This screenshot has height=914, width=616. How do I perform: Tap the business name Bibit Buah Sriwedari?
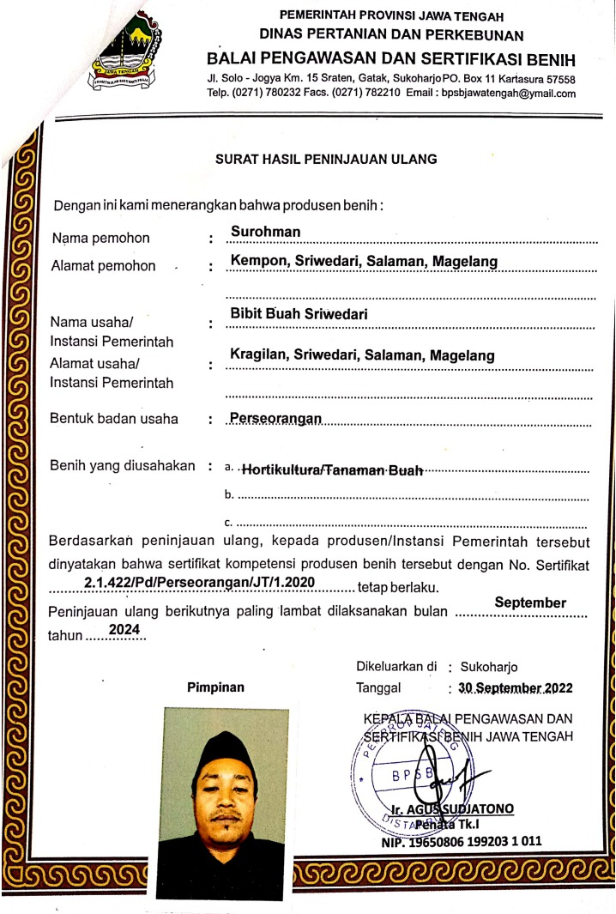click(299, 314)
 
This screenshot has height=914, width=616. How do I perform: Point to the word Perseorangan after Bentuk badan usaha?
click(275, 418)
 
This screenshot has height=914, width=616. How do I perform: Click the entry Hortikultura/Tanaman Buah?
click(332, 469)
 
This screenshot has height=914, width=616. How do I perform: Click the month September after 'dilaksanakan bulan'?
click(530, 602)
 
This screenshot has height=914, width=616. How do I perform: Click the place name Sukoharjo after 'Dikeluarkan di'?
click(489, 666)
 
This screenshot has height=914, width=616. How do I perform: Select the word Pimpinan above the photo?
click(215, 687)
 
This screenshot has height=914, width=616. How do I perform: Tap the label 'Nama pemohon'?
click(100, 238)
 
